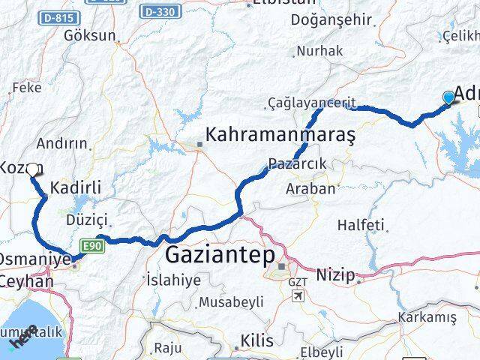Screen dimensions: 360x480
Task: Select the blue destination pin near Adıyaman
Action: (x=448, y=97)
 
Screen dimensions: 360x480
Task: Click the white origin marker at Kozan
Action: (x=32, y=169)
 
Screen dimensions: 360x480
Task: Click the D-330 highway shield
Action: (x=159, y=10)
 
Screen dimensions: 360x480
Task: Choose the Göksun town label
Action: (x=90, y=35)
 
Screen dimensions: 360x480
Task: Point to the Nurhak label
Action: (x=319, y=51)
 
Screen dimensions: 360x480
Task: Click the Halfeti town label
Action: (x=361, y=224)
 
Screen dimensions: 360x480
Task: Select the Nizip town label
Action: (x=334, y=275)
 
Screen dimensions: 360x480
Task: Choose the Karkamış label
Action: (x=427, y=317)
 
